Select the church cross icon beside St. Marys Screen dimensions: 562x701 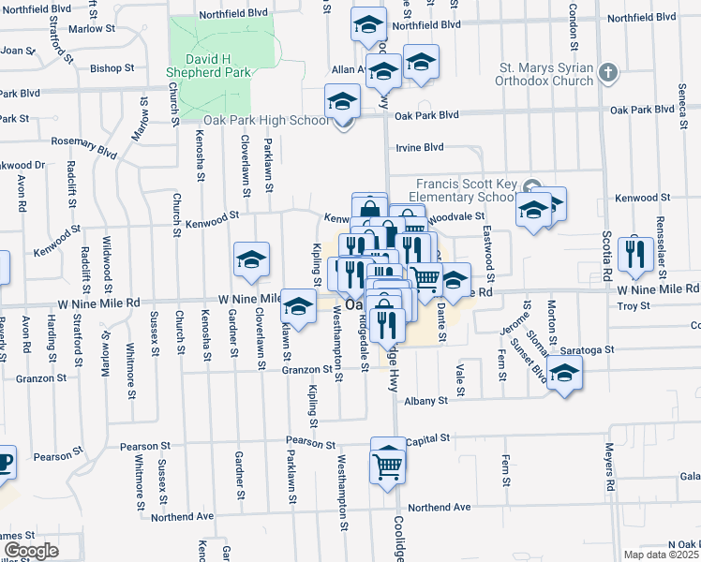click(608, 72)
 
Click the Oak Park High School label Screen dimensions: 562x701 click(267, 120)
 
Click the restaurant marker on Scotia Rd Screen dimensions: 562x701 click(635, 255)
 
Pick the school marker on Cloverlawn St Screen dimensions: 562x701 click(251, 262)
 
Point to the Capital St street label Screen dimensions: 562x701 click(429, 437)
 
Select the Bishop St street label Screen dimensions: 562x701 click(113, 68)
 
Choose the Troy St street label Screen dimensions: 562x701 click(634, 306)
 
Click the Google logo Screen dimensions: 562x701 click(31, 551)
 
